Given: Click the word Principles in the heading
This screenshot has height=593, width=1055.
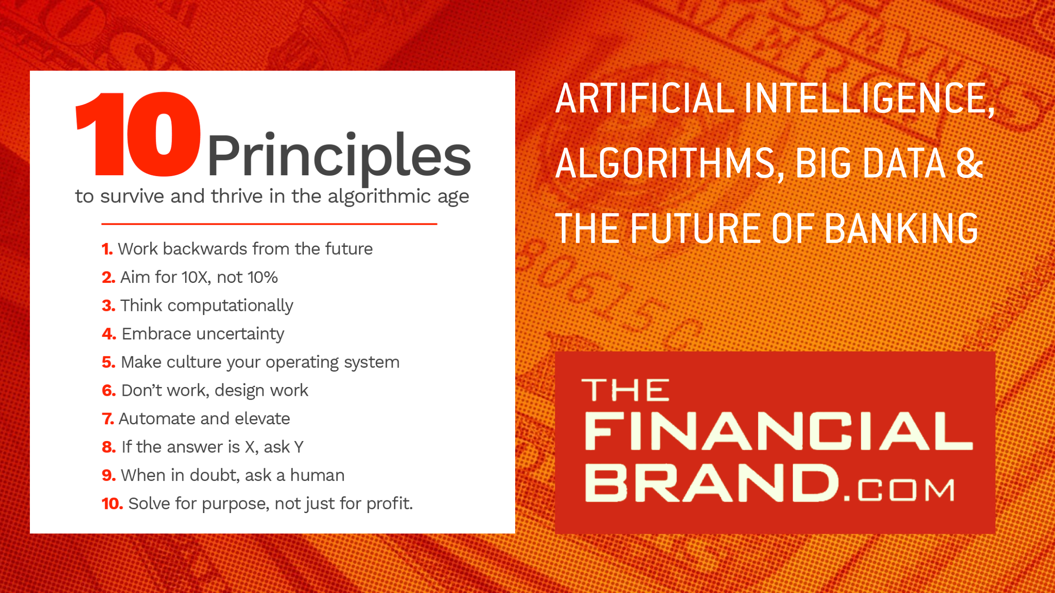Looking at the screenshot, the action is coord(339,157).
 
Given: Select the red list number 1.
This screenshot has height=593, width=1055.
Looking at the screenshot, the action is coord(107,249).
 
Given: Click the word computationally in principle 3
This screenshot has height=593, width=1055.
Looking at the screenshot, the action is coord(230,306).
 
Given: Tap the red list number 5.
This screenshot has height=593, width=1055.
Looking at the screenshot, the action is coord(109,362).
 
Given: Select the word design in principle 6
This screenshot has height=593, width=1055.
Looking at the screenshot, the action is coord(240,391).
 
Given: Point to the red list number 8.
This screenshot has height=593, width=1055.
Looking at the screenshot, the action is coord(109,447).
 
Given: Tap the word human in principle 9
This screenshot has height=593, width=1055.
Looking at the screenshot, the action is coord(317,475).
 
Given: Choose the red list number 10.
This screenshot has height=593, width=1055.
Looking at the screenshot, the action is coord(113,504).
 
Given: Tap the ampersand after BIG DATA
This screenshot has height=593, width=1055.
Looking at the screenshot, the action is coord(970,163).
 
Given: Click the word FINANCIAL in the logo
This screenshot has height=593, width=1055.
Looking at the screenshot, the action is coord(779,431).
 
